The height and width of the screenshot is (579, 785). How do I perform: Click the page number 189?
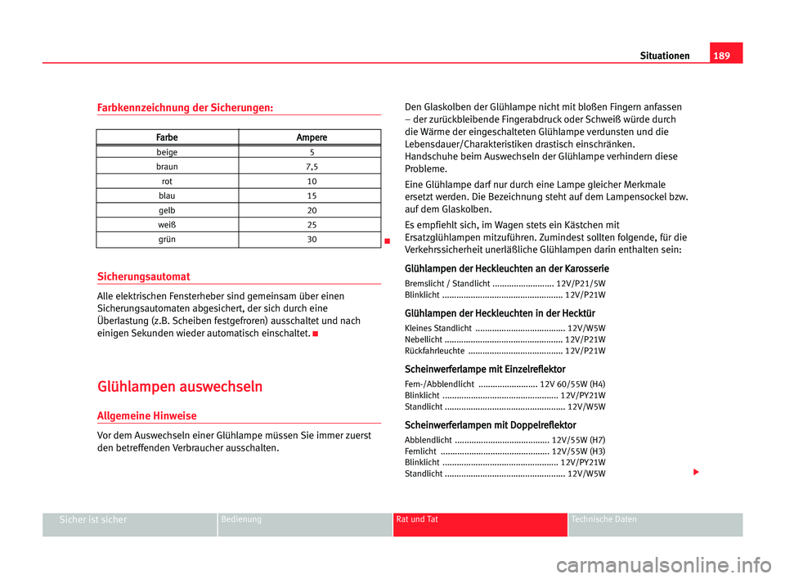click(x=725, y=56)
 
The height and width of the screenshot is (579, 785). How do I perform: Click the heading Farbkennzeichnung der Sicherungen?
click(x=185, y=107)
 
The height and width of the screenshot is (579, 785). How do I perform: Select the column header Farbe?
click(x=167, y=137)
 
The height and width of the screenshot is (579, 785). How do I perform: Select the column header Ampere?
click(x=311, y=137)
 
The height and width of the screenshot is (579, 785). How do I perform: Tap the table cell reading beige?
click(x=167, y=152)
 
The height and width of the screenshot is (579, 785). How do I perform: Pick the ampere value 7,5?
click(x=311, y=167)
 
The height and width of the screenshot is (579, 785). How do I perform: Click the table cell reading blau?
click(x=167, y=196)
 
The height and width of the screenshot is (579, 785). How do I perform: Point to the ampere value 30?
click(x=311, y=240)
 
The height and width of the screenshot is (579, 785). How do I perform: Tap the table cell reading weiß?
click(x=167, y=225)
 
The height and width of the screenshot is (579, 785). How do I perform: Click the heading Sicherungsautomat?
click(x=143, y=276)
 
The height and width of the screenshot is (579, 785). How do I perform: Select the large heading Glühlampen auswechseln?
click(x=179, y=387)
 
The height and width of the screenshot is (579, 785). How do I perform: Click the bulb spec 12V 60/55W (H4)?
click(x=573, y=384)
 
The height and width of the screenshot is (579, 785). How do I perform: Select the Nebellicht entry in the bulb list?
click(x=424, y=339)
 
